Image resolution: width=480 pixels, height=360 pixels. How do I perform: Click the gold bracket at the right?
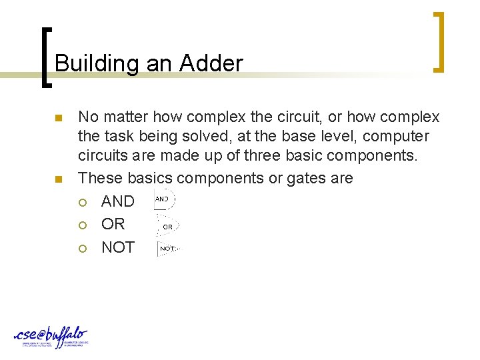click(439, 41)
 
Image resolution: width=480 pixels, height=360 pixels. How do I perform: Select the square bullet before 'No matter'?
click(58, 119)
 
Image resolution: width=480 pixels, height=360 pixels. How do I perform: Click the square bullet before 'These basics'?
click(58, 179)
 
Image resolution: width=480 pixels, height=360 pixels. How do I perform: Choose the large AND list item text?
click(117, 201)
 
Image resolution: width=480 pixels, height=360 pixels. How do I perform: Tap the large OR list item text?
click(113, 224)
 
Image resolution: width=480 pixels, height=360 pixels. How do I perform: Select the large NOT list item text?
click(117, 247)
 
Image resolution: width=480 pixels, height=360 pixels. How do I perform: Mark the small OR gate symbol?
click(166, 225)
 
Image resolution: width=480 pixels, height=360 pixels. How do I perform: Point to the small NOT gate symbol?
click(167, 249)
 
